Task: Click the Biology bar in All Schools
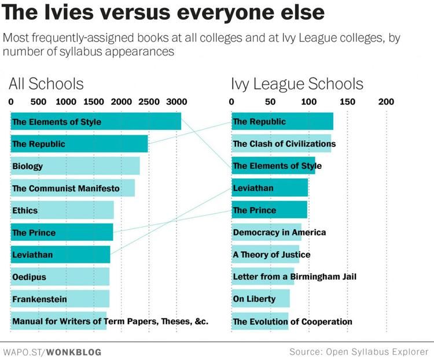[x=75, y=166]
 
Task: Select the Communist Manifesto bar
[x=73, y=188]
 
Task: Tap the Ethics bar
[x=62, y=211]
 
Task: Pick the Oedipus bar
[x=60, y=277]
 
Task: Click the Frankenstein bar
[x=60, y=299]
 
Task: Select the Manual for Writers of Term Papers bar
[x=58, y=321]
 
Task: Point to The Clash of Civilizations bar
[x=281, y=144]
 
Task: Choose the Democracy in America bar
[x=266, y=232]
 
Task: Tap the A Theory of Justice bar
[x=265, y=254]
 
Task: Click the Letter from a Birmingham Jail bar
[x=263, y=277]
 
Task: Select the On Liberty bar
[x=260, y=299]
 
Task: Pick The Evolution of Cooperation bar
[x=260, y=321]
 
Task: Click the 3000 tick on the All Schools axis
[x=176, y=102]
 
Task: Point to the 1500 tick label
[x=94, y=102]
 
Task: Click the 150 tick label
[x=347, y=102]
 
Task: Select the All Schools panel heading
[x=46, y=83]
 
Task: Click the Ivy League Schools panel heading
[x=297, y=83]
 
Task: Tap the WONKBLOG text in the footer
[x=73, y=351]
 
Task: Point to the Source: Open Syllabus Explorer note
[x=359, y=351]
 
